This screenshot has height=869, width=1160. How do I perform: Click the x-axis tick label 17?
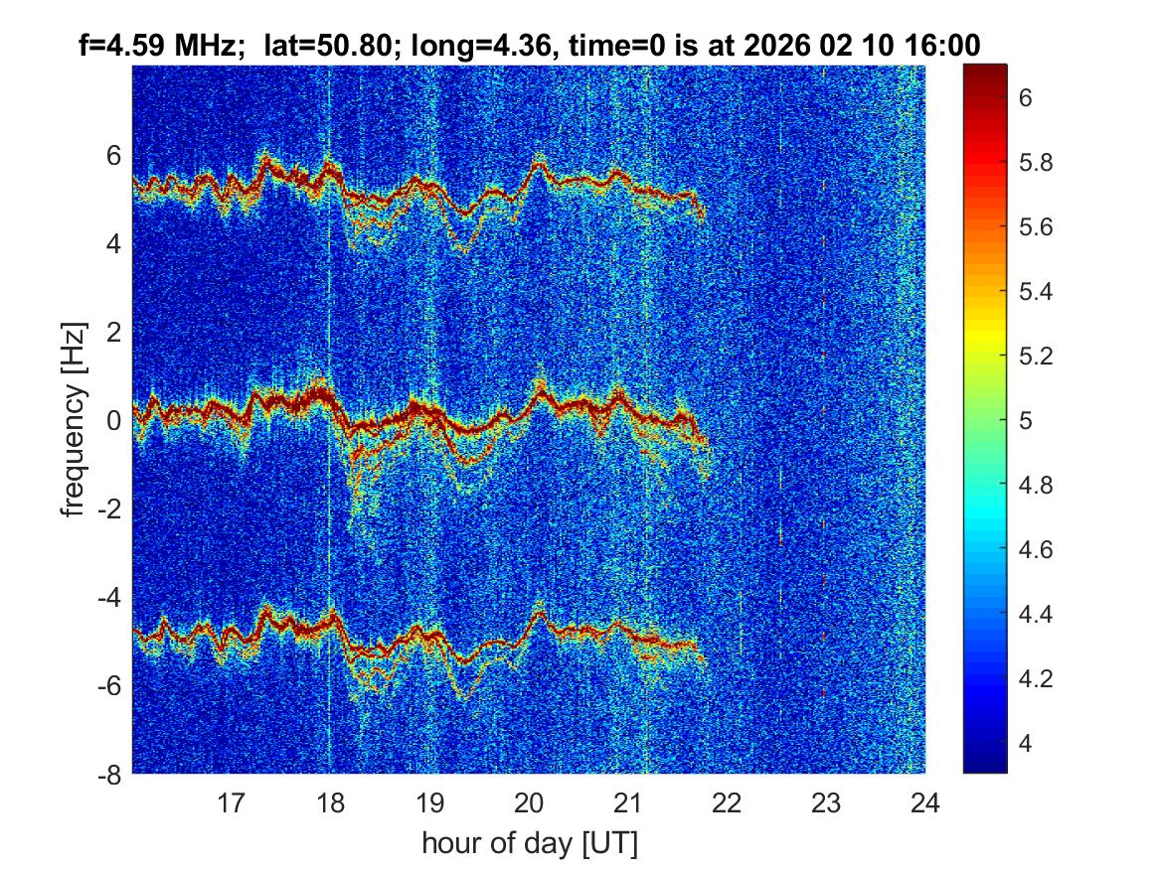click(x=231, y=801)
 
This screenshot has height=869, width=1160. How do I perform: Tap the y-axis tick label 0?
click(x=115, y=420)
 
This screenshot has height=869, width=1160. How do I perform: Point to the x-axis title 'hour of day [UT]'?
click(x=529, y=844)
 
